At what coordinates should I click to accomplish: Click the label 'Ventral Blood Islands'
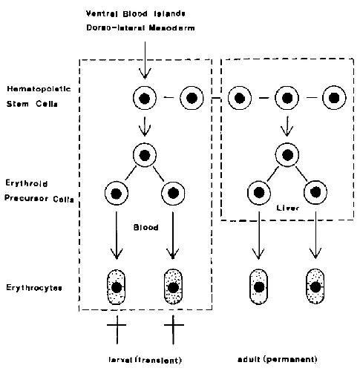pyautogui.click(x=136, y=13)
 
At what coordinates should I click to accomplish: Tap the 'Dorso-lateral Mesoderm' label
pyautogui.click(x=140, y=27)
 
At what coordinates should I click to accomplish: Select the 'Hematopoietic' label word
pyautogui.click(x=39, y=89)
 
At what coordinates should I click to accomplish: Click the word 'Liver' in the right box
pyautogui.click(x=287, y=208)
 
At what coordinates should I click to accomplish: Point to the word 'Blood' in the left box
pyautogui.click(x=146, y=227)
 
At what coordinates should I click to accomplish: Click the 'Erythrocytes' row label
pyautogui.click(x=34, y=288)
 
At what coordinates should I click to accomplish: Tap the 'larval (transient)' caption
pyautogui.click(x=145, y=360)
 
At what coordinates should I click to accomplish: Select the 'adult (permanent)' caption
pyautogui.click(x=278, y=359)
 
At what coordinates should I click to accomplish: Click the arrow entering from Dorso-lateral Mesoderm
pyautogui.click(x=145, y=60)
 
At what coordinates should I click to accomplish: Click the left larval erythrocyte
pyautogui.click(x=117, y=287)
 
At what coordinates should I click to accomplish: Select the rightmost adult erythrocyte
pyautogui.click(x=315, y=287)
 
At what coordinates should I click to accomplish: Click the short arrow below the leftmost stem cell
pyautogui.click(x=145, y=126)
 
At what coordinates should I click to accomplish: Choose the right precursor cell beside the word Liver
pyautogui.click(x=315, y=192)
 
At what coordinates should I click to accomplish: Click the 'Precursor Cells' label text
pyautogui.click(x=39, y=199)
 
